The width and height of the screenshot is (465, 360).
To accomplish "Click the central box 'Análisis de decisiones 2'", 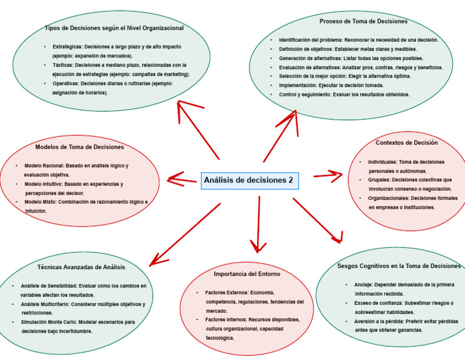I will click(249, 180).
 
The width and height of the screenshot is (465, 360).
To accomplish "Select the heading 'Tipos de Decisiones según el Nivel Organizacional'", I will click(114, 28).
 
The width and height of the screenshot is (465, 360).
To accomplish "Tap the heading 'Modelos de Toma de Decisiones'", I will click(79, 147).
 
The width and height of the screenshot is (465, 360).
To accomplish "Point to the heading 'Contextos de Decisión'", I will click(406, 143).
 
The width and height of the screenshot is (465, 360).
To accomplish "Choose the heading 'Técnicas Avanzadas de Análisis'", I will click(81, 267).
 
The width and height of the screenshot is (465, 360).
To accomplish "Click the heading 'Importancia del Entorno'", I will click(247, 274).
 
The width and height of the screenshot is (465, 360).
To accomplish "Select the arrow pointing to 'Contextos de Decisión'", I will click(328, 176).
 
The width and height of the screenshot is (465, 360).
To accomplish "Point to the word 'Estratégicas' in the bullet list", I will click(68, 47).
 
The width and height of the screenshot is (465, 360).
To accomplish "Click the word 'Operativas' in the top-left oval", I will click(67, 84).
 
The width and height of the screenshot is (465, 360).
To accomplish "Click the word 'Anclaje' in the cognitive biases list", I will click(363, 284).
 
